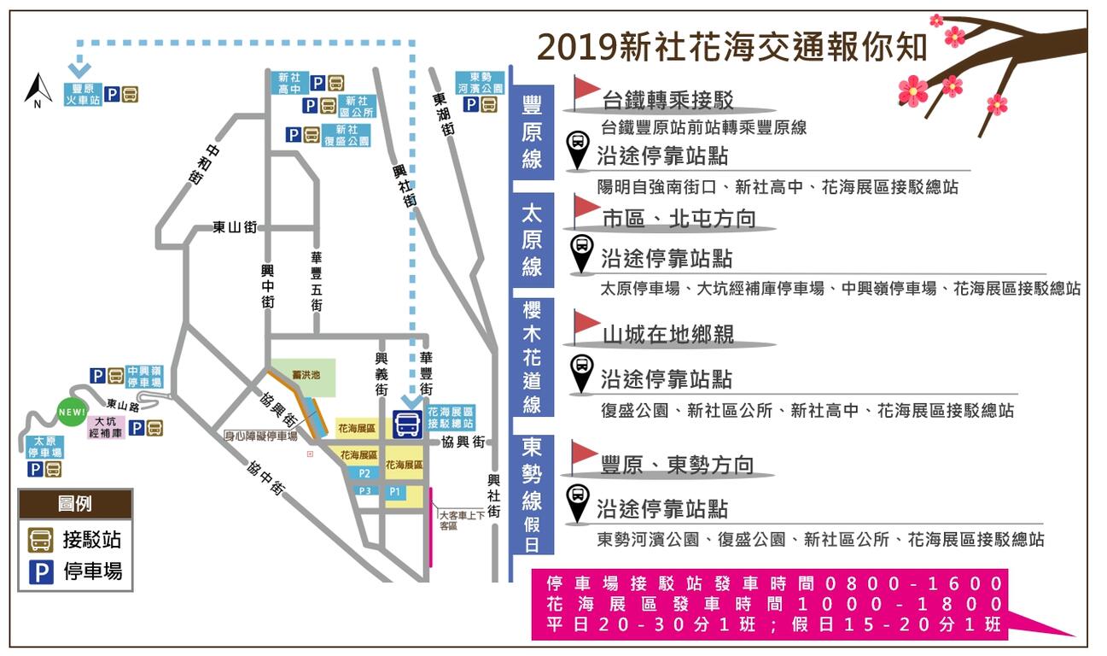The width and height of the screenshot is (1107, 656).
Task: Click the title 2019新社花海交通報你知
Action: [732, 48]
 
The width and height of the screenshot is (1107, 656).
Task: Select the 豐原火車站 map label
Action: [82, 94]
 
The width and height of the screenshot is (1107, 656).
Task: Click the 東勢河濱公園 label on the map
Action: [480, 83]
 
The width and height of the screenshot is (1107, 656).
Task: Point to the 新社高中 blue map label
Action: [288, 82]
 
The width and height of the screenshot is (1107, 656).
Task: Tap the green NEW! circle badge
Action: [73, 413]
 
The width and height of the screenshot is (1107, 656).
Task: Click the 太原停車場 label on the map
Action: [44, 447]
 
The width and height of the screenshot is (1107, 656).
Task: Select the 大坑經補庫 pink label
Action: [107, 427]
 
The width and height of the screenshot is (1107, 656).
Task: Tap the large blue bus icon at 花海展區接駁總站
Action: [406, 424]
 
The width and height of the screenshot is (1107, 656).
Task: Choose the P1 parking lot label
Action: [394, 492]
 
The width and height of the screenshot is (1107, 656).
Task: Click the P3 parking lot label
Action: [364, 490]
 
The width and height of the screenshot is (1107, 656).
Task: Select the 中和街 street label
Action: [195, 166]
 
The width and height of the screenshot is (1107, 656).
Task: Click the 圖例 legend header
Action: [75, 504]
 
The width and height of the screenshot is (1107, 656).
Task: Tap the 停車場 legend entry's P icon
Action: [41, 571]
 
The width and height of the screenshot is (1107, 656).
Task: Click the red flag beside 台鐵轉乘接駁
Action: [586, 91]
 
